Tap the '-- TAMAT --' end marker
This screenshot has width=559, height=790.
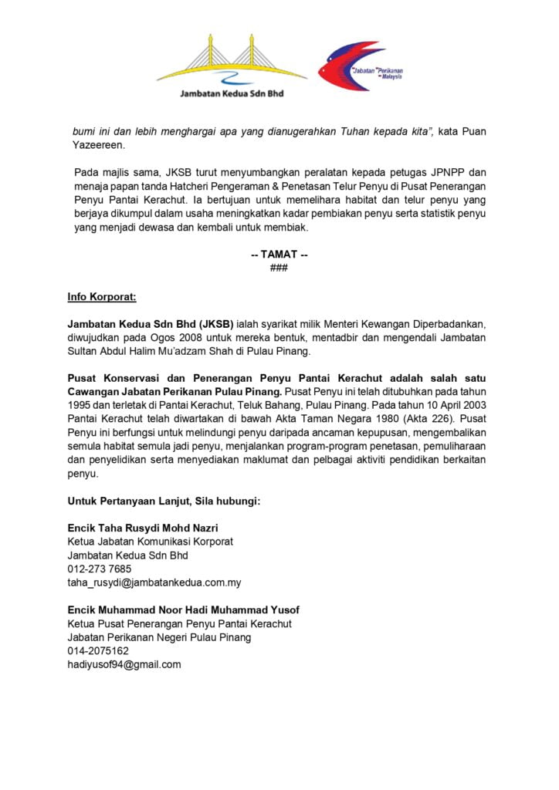click(x=279, y=255)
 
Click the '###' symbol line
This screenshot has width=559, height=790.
click(x=279, y=267)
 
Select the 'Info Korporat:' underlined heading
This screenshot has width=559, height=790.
click(x=102, y=296)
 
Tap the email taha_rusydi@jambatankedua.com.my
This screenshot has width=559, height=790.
click(x=154, y=582)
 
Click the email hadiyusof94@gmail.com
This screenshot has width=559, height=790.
click(x=124, y=664)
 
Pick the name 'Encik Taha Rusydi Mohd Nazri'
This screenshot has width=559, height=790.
click(x=143, y=528)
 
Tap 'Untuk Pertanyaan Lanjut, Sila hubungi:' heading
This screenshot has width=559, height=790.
click(x=164, y=501)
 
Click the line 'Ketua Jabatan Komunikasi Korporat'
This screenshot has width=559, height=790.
click(x=150, y=542)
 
